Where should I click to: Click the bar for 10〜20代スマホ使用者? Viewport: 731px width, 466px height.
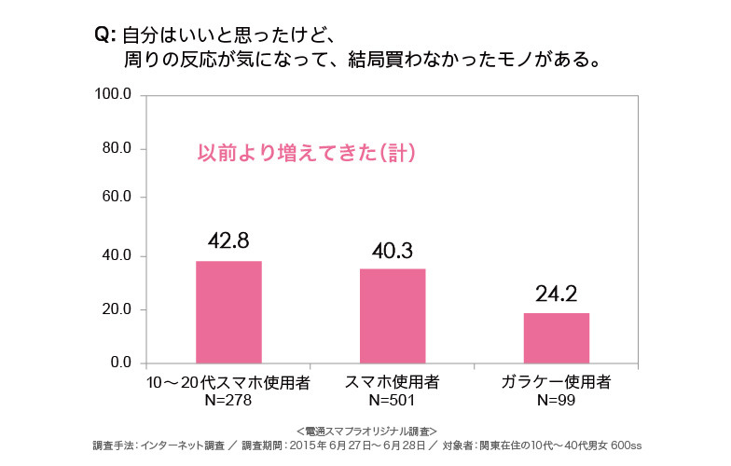click(x=228, y=311)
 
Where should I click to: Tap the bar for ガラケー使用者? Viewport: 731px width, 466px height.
click(x=556, y=337)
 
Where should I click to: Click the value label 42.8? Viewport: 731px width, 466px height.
click(x=228, y=240)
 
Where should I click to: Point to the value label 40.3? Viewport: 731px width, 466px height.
click(x=392, y=250)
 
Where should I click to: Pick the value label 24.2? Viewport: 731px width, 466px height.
click(x=557, y=295)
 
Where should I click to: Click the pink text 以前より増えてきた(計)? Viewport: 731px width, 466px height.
click(x=306, y=153)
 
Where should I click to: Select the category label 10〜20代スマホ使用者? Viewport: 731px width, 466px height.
click(x=228, y=382)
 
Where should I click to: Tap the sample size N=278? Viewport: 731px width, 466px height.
click(x=228, y=400)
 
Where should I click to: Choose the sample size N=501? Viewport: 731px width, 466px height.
click(x=392, y=400)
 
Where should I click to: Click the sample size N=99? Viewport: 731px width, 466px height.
click(x=557, y=400)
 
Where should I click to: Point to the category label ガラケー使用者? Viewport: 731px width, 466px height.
click(x=557, y=382)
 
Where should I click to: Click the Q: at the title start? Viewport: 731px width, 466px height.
click(x=103, y=36)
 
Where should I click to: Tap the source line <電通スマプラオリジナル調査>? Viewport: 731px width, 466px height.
click(x=365, y=432)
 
